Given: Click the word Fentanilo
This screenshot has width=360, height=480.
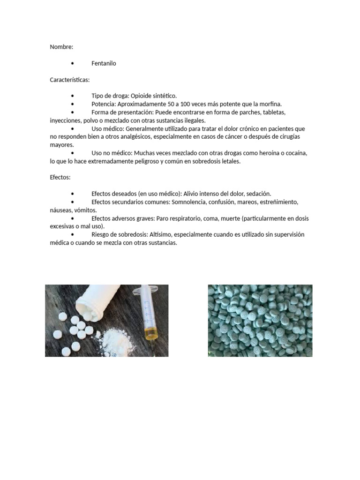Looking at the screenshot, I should (104, 63).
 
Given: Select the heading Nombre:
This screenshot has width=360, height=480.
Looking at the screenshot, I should (61, 47).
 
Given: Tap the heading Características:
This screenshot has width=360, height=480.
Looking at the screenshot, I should (70, 80).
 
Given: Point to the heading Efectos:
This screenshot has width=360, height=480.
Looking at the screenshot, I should (60, 178).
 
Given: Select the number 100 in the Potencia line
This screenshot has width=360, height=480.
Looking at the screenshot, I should (181, 104).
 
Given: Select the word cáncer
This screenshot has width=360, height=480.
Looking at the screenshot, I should (233, 136).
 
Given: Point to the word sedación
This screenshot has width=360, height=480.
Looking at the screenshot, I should (257, 194).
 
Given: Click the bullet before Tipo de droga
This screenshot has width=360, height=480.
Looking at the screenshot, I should (73, 96).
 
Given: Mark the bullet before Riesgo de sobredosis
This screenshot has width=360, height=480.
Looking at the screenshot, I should (73, 234).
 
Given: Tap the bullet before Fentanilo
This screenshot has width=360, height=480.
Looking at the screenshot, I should (73, 64).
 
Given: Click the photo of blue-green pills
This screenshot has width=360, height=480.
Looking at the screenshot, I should (260, 320).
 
